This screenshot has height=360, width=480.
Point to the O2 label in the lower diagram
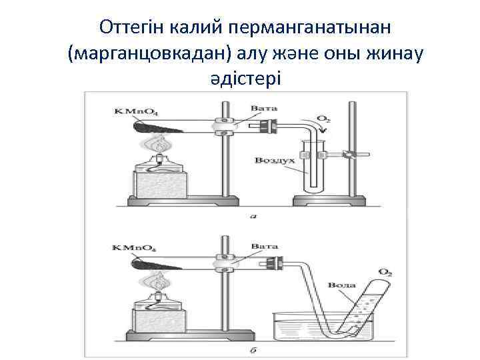coord(385,272)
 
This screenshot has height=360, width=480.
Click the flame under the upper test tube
coord(159,144)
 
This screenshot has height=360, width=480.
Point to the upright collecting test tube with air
coord(311,167)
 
